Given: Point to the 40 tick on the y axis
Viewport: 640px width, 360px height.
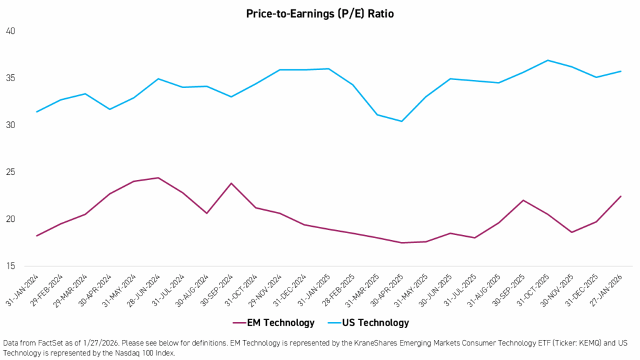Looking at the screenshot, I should [x=11, y=31].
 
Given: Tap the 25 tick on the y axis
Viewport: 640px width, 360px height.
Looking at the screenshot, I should [x=11, y=172].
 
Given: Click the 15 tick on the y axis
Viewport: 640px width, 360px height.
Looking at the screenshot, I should [x=11, y=266].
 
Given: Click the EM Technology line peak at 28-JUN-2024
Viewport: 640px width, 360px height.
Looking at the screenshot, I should [x=158, y=177].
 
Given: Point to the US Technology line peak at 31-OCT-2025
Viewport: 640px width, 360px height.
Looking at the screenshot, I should [x=547, y=60].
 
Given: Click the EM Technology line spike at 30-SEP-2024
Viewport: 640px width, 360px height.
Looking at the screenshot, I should [x=231, y=183].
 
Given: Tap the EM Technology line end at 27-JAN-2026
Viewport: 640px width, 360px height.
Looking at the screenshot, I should [x=621, y=196].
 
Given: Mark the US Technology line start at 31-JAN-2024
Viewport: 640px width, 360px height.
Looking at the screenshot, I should [x=37, y=112].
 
